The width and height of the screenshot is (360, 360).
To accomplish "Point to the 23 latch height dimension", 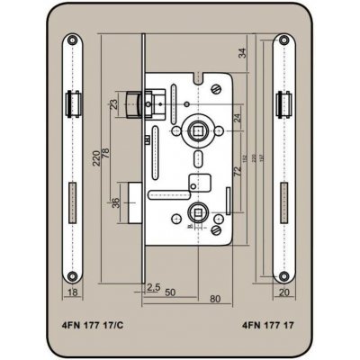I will click(114, 104).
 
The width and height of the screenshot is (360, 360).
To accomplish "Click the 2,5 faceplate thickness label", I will click(153, 287).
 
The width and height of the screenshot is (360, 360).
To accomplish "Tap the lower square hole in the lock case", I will click(195, 214).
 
